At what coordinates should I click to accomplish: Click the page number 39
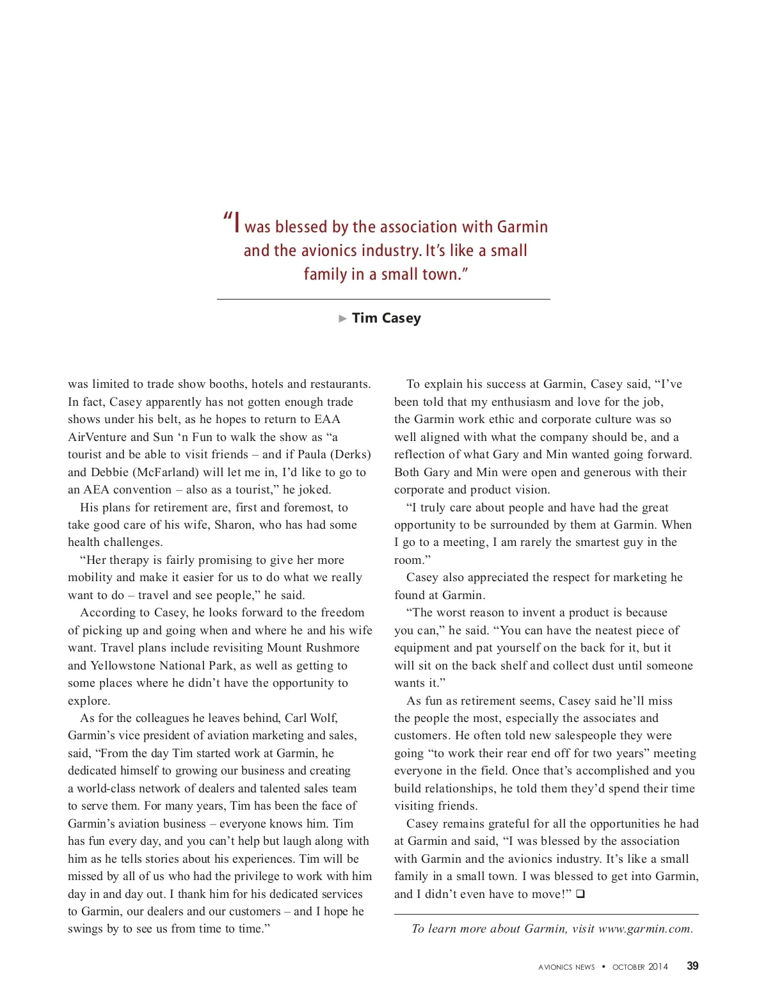coord(692,966)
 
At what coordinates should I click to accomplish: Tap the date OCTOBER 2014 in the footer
coord(640,967)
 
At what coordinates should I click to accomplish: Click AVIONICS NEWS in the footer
coord(566,967)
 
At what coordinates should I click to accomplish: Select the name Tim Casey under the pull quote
coord(387,318)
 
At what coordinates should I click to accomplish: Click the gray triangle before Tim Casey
coord(343,318)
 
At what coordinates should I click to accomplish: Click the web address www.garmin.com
coord(645,929)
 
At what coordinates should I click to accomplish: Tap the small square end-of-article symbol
coord(580,894)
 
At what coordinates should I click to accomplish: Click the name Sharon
coord(234,525)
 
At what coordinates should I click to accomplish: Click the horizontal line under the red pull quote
coord(383,299)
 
